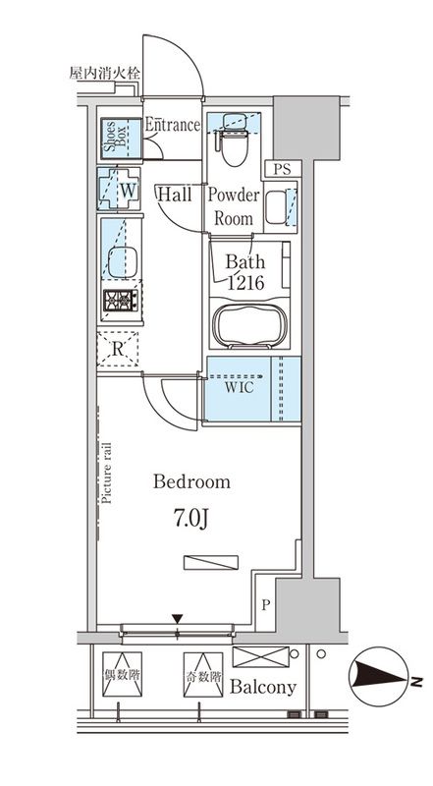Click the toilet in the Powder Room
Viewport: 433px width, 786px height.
pyautogui.click(x=234, y=140)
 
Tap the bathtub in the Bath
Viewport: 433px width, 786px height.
pyautogui.click(x=249, y=324)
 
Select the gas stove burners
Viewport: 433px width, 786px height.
pyautogui.click(x=120, y=301)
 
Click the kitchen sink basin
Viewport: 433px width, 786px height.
pyautogui.click(x=123, y=262)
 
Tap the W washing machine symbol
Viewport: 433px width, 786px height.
pyautogui.click(x=119, y=189)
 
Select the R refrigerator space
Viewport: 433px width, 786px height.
pyautogui.click(x=117, y=350)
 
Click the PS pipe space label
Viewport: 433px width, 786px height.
pyautogui.click(x=282, y=169)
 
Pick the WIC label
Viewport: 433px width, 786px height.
pyautogui.click(x=239, y=387)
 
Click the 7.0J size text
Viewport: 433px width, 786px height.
pyautogui.click(x=190, y=520)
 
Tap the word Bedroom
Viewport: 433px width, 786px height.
pyautogui.click(x=191, y=481)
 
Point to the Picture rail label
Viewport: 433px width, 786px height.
pyautogui.click(x=106, y=474)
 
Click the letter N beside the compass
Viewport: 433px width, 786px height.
pyautogui.click(x=414, y=681)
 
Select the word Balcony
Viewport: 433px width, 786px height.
pyautogui.click(x=262, y=687)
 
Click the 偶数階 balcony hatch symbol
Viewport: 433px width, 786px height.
pyautogui.click(x=122, y=674)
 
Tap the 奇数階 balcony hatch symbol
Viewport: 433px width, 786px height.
pyautogui.click(x=203, y=674)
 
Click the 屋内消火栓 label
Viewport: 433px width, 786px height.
pyautogui.click(x=104, y=74)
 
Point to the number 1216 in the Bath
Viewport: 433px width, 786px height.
pyautogui.click(x=245, y=283)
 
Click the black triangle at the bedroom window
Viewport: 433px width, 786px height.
pyautogui.click(x=178, y=619)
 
